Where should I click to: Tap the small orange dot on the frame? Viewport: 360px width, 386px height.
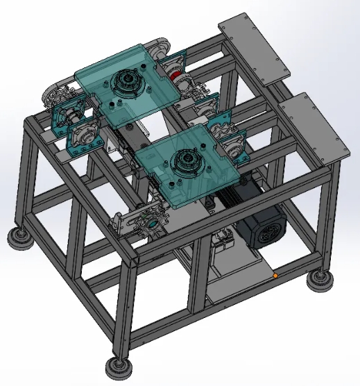tap(275, 276)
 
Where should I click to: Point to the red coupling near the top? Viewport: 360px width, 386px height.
tap(176, 76)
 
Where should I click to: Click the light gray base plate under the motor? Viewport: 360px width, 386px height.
tap(236, 278)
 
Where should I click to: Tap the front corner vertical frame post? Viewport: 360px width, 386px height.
tap(125, 305)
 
